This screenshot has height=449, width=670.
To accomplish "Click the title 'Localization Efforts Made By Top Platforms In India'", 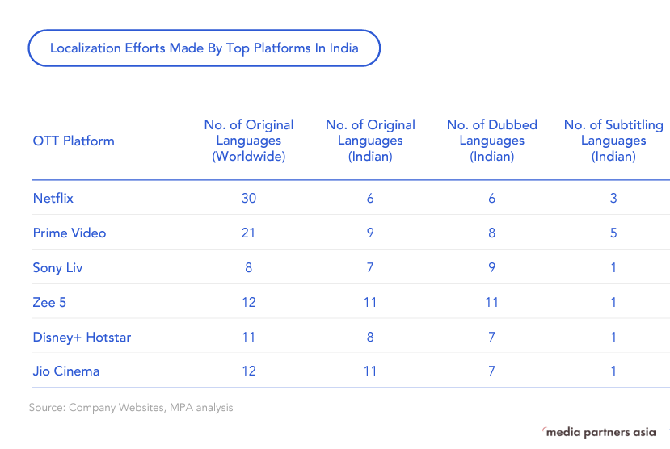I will tap(204, 48).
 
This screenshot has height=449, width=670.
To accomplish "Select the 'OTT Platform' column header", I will tap(74, 141).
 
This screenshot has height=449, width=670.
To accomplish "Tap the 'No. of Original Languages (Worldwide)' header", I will tap(249, 141).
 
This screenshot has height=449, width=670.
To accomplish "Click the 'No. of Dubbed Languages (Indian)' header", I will tap(491, 141).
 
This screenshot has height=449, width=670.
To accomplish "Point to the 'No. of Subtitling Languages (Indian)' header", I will tap(613, 141).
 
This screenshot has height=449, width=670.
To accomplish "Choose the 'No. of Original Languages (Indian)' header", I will tap(370, 141).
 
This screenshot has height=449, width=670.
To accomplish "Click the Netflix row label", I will tap(53, 198).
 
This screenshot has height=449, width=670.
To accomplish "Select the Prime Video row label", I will tap(70, 233).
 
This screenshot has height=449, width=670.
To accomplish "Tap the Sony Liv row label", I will tap(58, 267).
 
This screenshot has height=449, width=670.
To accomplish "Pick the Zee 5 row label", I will tap(49, 302).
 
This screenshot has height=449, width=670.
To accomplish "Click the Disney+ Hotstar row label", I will tap(82, 337).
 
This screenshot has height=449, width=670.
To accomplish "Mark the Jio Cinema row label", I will tap(66, 371).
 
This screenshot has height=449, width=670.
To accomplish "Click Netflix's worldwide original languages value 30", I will tap(249, 198).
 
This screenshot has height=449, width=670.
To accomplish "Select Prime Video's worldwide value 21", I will tap(248, 233).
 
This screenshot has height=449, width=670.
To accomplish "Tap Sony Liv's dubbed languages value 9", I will tap(491, 267).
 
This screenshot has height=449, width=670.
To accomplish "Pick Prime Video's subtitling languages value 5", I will tap(613, 233).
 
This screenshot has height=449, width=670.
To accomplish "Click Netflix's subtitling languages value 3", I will tap(613, 198).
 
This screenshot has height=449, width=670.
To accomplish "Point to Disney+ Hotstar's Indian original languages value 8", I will tap(370, 337).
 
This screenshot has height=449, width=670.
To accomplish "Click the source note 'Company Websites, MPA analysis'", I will tap(131, 408).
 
